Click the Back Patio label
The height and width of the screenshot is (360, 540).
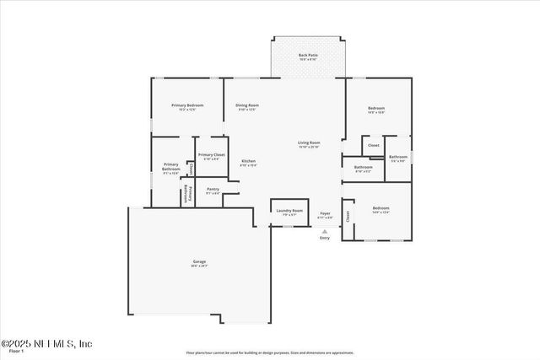307,56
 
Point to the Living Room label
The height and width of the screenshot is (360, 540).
309,144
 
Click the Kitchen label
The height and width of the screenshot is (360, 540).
248,162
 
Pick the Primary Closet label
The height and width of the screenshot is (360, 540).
211,156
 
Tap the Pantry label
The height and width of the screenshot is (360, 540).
213,191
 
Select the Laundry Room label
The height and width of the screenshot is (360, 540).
290,212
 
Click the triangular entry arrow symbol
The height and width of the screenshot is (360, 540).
325,231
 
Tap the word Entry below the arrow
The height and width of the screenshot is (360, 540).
325,239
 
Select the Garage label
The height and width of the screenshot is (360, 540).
199,263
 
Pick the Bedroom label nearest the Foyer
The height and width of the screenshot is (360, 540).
381,209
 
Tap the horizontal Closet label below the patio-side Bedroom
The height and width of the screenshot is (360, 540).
373,145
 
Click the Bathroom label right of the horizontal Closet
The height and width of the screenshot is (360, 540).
398,158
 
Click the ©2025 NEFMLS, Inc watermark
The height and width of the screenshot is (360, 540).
46,343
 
